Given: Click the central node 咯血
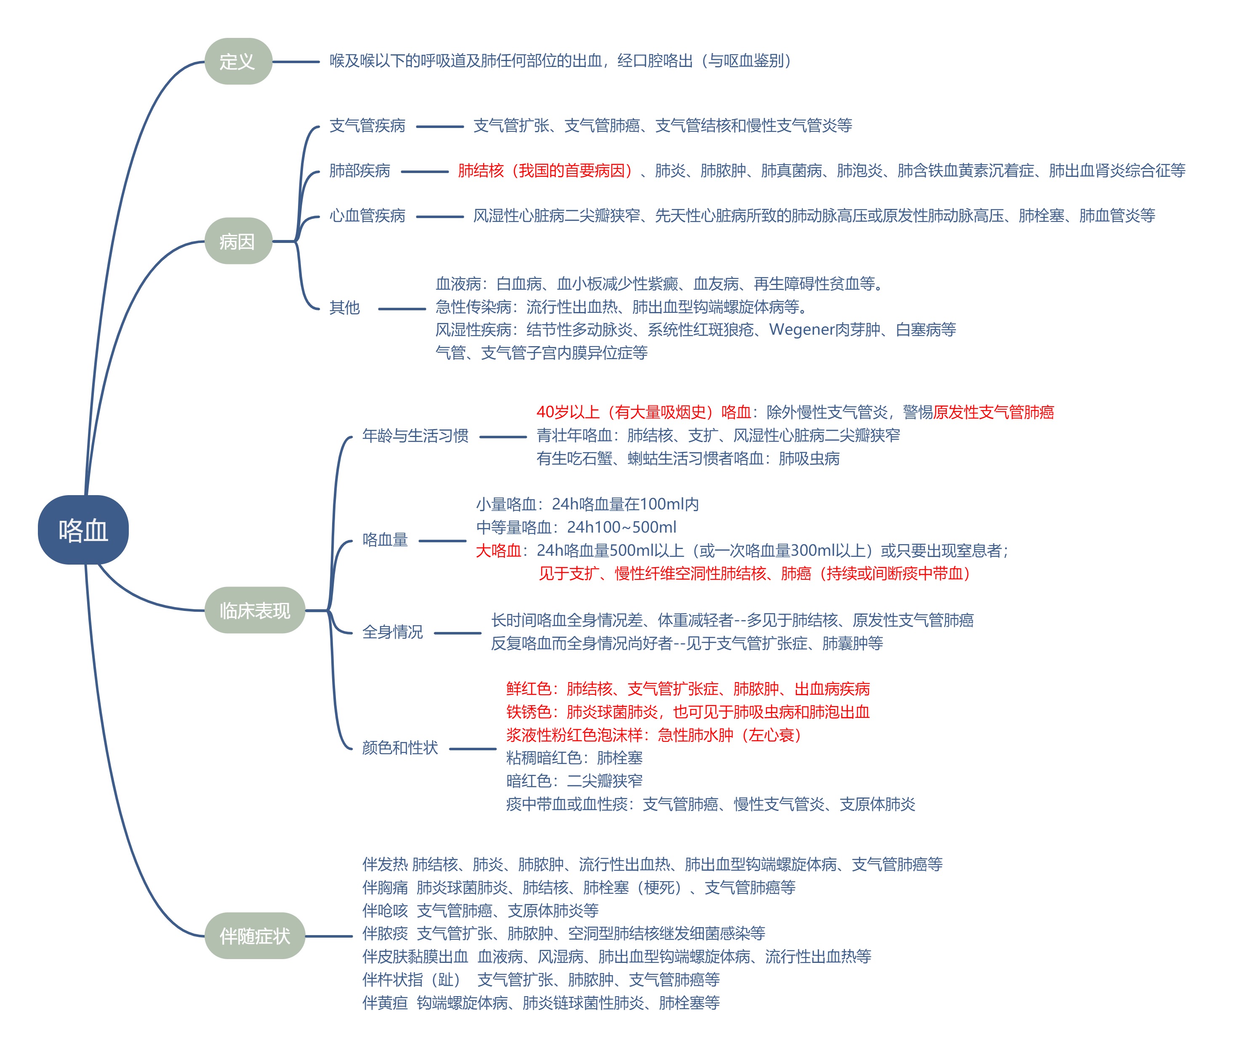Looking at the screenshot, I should click(x=83, y=530).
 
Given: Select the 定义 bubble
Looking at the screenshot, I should click(x=238, y=61).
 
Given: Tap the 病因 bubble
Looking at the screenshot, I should click(x=238, y=241).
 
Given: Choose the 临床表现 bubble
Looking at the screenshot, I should click(x=255, y=610).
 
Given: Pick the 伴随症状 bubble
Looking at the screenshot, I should click(x=255, y=936).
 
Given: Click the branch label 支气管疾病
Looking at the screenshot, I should click(x=367, y=126).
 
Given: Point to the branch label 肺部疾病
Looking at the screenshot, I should click(x=359, y=171).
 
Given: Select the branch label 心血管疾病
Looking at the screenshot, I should click(x=367, y=216).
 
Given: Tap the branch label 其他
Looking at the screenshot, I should click(x=344, y=308).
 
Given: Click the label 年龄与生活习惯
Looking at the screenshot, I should click(x=415, y=436).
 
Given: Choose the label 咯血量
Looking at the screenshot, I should click(x=385, y=540).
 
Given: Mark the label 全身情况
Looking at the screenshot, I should click(x=392, y=632).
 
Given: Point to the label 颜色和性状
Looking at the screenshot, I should click(x=400, y=748).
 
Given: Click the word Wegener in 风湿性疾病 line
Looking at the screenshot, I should click(x=802, y=330).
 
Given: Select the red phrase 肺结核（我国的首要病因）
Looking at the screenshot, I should click(x=545, y=171).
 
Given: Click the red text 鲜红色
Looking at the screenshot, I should click(x=529, y=689).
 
